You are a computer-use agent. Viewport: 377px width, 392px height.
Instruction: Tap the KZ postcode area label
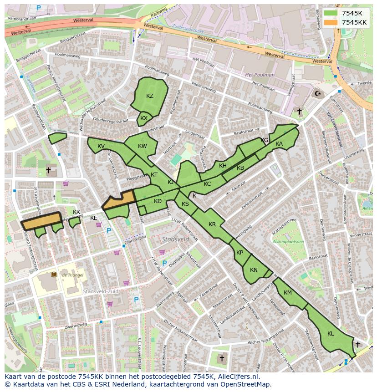pyautogui.click(x=150, y=96)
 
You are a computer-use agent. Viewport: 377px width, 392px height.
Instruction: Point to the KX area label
pyautogui.click(x=144, y=118)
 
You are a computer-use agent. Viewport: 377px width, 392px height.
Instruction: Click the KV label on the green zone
pyautogui.click(x=101, y=146)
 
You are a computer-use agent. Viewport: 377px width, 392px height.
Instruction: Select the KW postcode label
pyautogui.click(x=143, y=146)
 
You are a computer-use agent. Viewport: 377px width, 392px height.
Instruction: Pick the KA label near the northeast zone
pyautogui.click(x=279, y=144)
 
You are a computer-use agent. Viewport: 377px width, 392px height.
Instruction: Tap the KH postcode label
pyautogui.click(x=223, y=166)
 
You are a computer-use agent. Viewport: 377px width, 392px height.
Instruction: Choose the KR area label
pyautogui.click(x=212, y=224)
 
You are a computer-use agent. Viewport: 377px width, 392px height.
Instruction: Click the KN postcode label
pyautogui.click(x=254, y=270)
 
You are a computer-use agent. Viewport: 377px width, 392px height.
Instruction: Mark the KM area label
pyautogui.click(x=287, y=293)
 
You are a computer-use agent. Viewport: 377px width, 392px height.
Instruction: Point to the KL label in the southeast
pyautogui.click(x=331, y=334)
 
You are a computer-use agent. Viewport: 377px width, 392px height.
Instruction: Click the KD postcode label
pyautogui.click(x=158, y=201)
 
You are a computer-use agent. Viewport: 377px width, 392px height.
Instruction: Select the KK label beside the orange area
pyautogui.click(x=76, y=212)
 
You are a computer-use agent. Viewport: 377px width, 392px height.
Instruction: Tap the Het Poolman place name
pyautogui.click(x=260, y=75)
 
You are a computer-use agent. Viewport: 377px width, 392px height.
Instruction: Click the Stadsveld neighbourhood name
pyautogui.click(x=175, y=239)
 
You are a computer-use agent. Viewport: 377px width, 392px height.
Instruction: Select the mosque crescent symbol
pyautogui.click(x=317, y=94)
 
